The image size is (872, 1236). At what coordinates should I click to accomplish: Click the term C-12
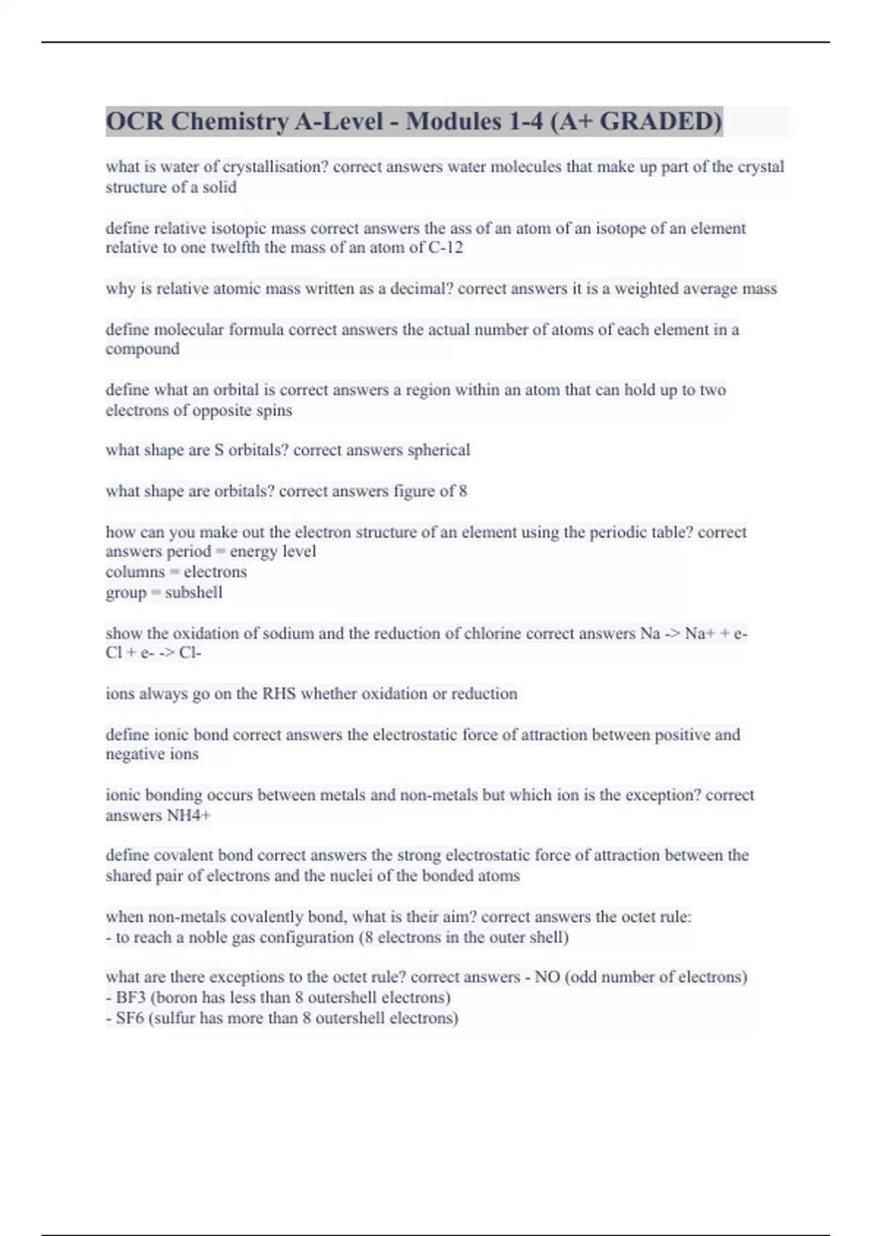pos(445,248)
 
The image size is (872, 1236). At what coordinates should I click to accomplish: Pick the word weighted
pos(646,289)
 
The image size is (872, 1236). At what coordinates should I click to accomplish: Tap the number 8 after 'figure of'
pos(463,491)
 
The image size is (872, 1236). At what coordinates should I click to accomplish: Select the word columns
pos(135,572)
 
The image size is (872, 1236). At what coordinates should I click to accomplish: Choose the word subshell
pos(193,593)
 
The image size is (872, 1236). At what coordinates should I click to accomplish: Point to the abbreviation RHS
pos(279,694)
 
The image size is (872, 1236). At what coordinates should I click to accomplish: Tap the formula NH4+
pos(188,816)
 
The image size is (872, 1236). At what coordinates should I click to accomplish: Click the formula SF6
pos(130,1018)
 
